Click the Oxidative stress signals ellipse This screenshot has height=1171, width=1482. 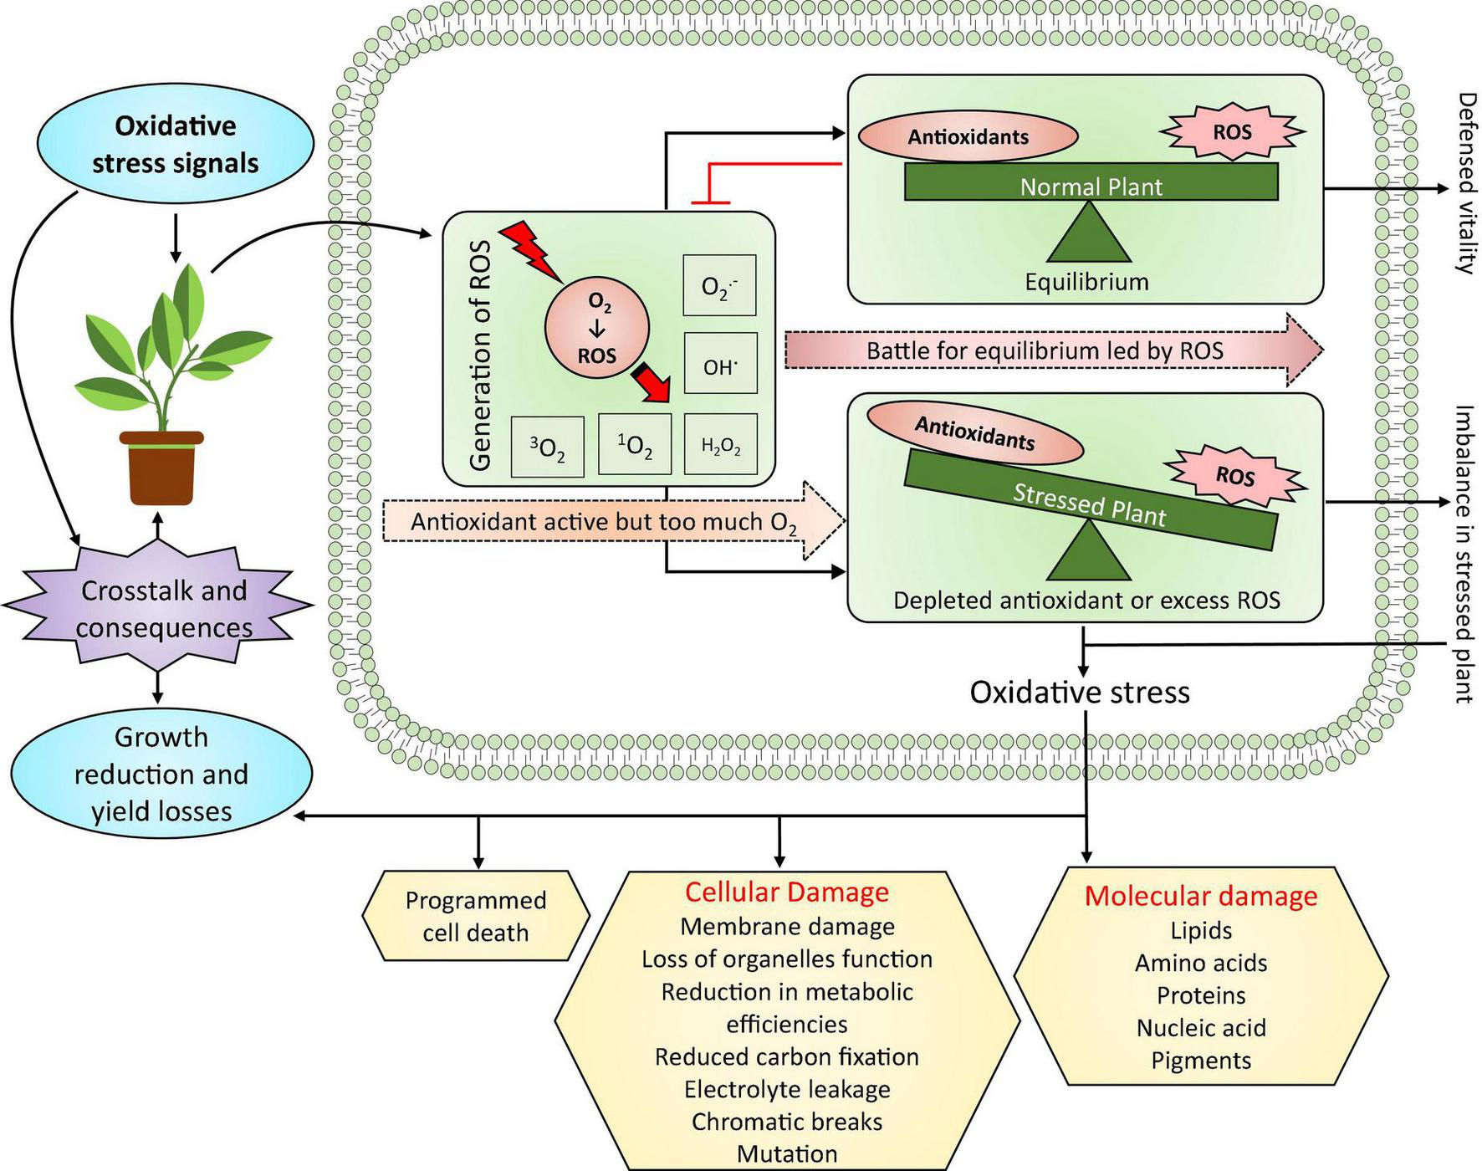tap(175, 144)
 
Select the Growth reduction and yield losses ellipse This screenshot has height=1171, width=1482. tap(161, 774)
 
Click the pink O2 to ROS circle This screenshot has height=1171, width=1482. tap(596, 328)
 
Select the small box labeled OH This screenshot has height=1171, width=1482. tap(719, 365)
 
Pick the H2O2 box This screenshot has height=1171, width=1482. tap(720, 445)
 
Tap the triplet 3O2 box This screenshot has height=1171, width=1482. tap(547, 447)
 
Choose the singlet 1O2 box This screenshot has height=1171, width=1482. tap(635, 445)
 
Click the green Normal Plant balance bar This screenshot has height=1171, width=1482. tap(1091, 182)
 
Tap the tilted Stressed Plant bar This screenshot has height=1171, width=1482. tap(1090, 502)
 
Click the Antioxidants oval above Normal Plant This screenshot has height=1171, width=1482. tap(968, 136)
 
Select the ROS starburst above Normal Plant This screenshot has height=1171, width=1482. tap(1232, 131)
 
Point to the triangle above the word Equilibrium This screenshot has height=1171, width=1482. tap(1088, 234)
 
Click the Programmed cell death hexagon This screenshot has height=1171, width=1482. tap(476, 916)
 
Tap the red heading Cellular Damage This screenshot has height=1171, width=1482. tap(786, 892)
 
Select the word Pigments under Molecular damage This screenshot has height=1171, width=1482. tap(1201, 1061)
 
